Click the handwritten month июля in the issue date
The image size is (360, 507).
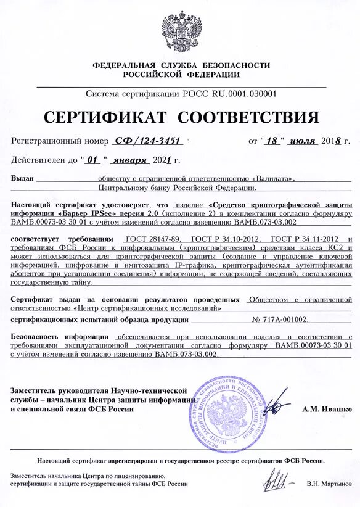301,141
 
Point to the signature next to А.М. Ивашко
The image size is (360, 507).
277,406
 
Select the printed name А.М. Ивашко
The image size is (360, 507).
327,408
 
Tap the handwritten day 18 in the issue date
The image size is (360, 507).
272,141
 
